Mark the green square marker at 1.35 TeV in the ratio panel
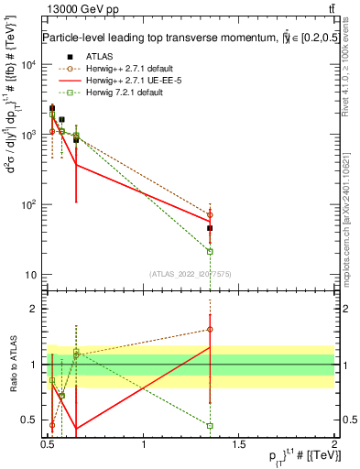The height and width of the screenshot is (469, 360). [x=211, y=425]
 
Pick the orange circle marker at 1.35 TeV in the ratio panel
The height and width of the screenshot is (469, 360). [x=211, y=329]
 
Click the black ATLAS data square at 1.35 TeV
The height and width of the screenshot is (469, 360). [x=211, y=228]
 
